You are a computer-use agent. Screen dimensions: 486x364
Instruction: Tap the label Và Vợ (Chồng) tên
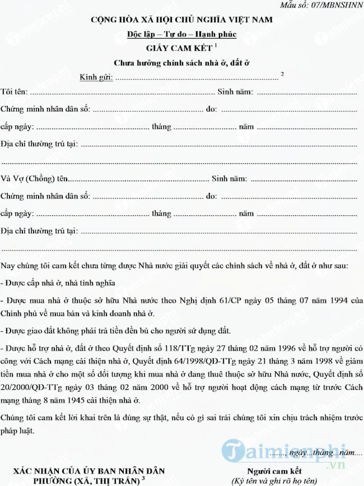[34, 179]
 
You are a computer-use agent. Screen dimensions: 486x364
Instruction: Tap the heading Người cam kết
[274, 471]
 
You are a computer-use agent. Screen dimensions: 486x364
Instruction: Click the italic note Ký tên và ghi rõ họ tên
[274, 481]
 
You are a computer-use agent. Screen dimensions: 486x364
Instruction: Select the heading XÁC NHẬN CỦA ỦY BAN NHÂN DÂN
[90, 471]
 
